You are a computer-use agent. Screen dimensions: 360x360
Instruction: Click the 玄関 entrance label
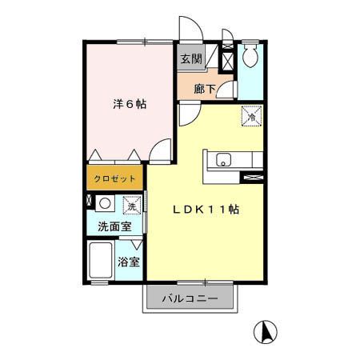coord(190,58)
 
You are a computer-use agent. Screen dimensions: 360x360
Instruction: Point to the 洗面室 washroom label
coord(114,226)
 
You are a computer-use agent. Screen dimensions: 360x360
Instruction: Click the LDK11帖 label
coord(207,209)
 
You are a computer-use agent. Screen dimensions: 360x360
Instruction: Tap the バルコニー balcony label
coord(191,300)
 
